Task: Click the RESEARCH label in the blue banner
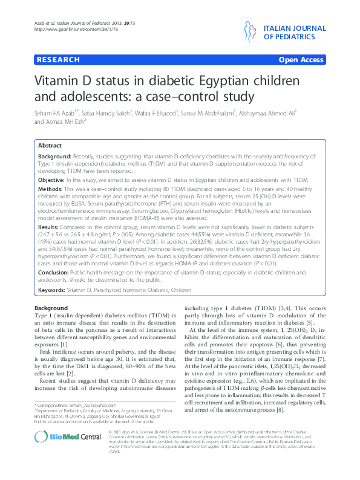[58, 60]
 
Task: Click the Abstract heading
[50, 146]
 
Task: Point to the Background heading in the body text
[51, 308]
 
